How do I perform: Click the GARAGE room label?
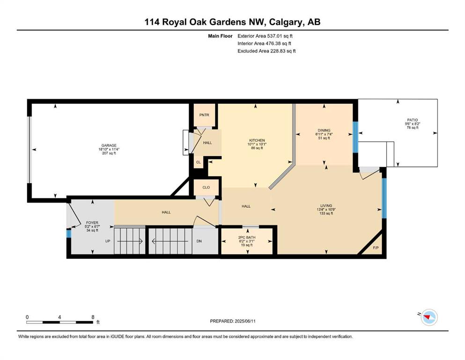point(109,145)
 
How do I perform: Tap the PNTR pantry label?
point(204,115)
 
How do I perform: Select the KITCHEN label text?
point(257,140)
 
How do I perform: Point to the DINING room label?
point(324,130)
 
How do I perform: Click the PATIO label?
point(412,120)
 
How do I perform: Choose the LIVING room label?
point(326,205)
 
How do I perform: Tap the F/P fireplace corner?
point(376,247)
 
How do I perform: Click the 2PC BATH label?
point(247,238)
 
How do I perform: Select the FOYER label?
point(92,223)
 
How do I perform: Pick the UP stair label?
point(108,241)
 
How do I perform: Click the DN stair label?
point(199,241)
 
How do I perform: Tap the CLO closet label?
point(206,187)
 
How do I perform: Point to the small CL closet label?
point(199,162)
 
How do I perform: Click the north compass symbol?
point(429,317)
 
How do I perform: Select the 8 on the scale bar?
point(93,317)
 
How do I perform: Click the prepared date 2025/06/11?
point(245,321)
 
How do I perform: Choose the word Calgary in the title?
point(286,22)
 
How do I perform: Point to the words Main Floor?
point(220,36)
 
